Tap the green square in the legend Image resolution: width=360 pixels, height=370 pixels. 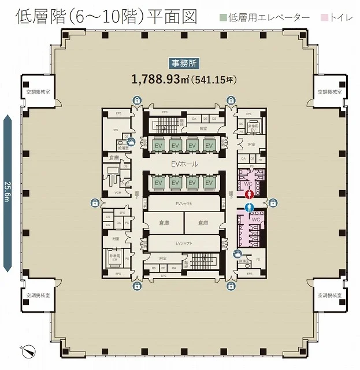click(x=222, y=18)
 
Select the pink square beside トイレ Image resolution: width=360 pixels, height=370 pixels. click(x=325, y=18)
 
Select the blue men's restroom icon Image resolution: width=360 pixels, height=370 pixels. click(x=250, y=207)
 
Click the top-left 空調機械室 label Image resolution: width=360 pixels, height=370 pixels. click(x=38, y=91)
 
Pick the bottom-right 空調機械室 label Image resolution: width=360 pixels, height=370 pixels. click(x=330, y=295)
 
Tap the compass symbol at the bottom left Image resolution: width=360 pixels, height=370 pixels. click(x=27, y=349)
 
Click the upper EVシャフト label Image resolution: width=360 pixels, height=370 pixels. click(x=184, y=203)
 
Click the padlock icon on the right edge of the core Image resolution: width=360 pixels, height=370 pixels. click(x=273, y=202)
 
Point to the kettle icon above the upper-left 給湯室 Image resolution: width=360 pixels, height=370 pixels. click(x=132, y=140)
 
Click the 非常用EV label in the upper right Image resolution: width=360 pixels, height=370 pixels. click(x=253, y=127)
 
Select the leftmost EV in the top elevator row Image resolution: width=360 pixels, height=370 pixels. click(x=158, y=146)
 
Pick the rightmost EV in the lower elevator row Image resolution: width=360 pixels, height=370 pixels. click(x=209, y=183)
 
